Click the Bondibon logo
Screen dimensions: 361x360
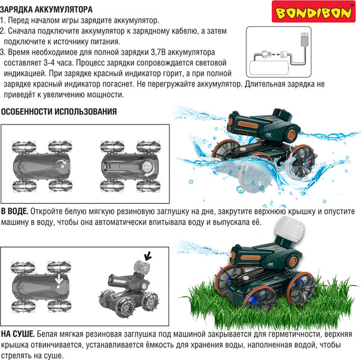pyautogui.click(x=313, y=12)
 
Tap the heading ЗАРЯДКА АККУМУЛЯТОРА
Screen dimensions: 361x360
pyautogui.click(x=46, y=10)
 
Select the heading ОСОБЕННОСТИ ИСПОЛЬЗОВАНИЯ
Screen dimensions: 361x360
pyautogui.click(x=59, y=112)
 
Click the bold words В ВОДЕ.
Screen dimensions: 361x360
pyautogui.click(x=14, y=212)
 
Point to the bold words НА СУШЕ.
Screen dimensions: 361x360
pyautogui.click(x=18, y=334)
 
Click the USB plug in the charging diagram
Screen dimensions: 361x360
pyautogui.click(x=304, y=40)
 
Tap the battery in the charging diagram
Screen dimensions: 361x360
pyautogui.click(x=269, y=69)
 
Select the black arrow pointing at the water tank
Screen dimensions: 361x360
pyautogui.click(x=147, y=255)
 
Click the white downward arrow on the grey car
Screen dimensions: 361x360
pyautogui.click(x=59, y=279)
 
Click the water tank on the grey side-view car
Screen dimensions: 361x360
pyautogui.click(x=142, y=267)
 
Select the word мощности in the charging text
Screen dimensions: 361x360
pyautogui.click(x=105, y=95)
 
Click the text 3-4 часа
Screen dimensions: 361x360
pyautogui.click(x=58, y=63)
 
